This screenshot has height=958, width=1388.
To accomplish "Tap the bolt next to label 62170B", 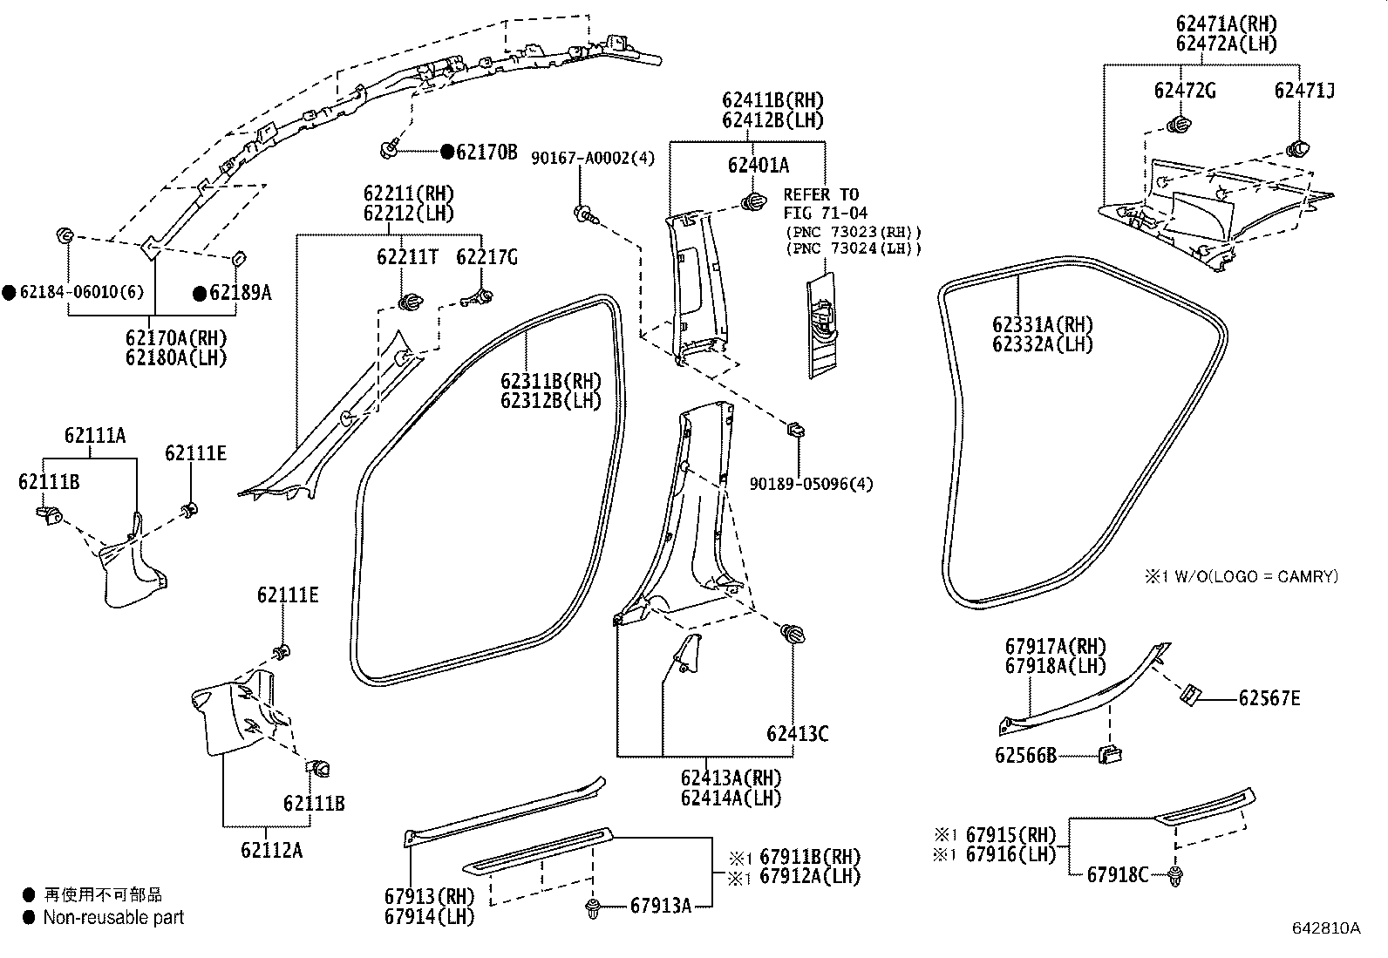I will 390,152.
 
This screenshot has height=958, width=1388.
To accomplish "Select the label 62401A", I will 758,165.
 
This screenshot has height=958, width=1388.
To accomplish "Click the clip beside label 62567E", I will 1191,695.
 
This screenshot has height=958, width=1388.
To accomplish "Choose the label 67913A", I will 660,907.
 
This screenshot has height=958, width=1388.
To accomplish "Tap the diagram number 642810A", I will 1325,927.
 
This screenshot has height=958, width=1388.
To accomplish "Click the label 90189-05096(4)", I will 811,483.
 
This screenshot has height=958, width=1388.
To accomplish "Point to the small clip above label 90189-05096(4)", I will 795,430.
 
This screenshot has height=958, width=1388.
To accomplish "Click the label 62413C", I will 797,734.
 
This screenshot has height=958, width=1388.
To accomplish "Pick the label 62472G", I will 1185,90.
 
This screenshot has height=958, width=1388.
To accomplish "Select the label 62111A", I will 94,435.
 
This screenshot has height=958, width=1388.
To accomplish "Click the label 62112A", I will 272,849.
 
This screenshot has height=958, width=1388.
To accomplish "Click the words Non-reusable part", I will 113,917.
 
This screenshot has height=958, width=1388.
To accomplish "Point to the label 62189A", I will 240,293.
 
